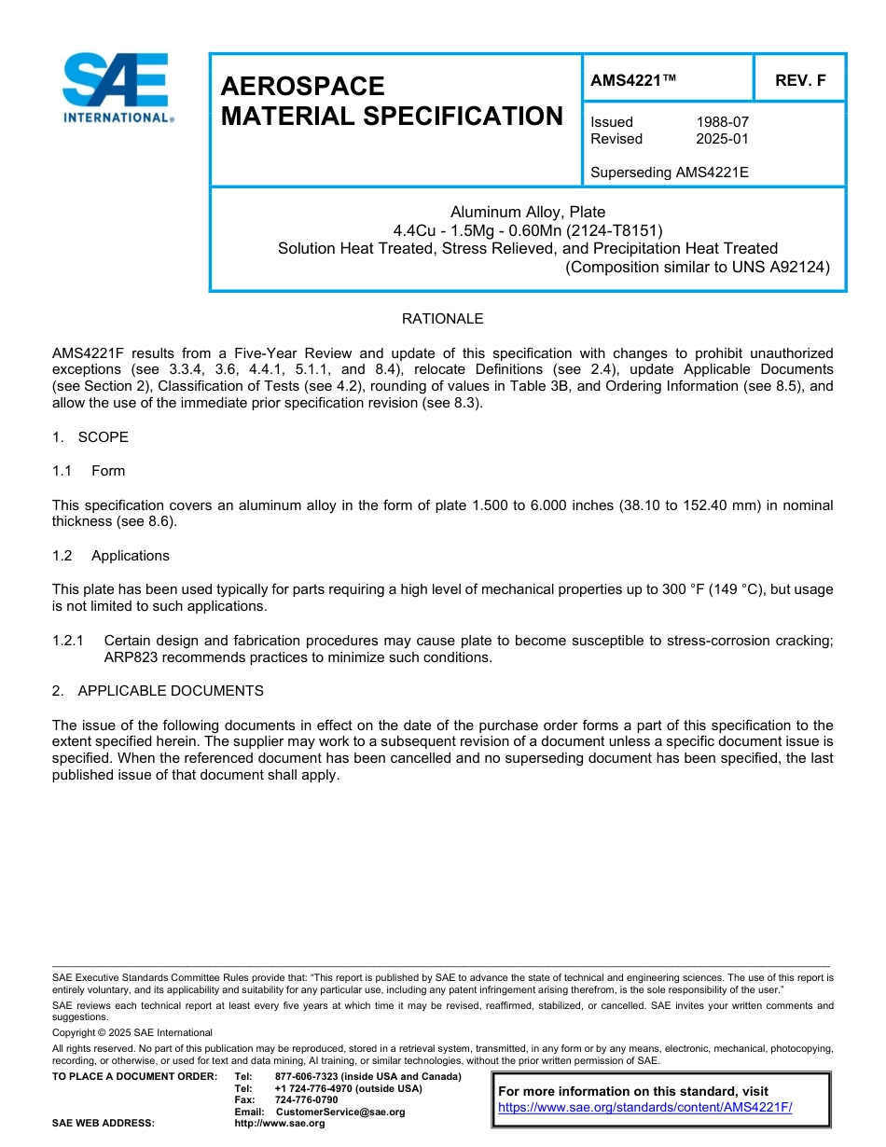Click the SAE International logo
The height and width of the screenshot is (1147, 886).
click(117, 89)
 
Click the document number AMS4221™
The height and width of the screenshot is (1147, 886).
click(633, 81)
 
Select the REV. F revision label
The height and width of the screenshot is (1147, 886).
click(800, 81)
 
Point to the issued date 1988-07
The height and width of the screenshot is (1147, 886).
click(722, 122)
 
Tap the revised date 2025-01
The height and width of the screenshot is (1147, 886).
click(722, 139)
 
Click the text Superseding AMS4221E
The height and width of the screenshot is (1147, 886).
click(670, 172)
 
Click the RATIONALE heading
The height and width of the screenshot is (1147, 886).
click(442, 319)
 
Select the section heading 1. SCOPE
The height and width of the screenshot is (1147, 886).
click(90, 437)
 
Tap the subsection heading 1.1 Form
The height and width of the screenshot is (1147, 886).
click(89, 471)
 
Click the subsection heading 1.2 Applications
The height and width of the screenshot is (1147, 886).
click(111, 556)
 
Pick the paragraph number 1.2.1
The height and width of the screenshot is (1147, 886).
click(68, 641)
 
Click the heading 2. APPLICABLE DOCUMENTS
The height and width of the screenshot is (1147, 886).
click(158, 691)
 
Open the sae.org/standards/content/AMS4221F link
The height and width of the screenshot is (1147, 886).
click(644, 1107)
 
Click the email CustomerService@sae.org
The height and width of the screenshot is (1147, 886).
click(340, 1112)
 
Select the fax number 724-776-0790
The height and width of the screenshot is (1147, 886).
click(306, 1100)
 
